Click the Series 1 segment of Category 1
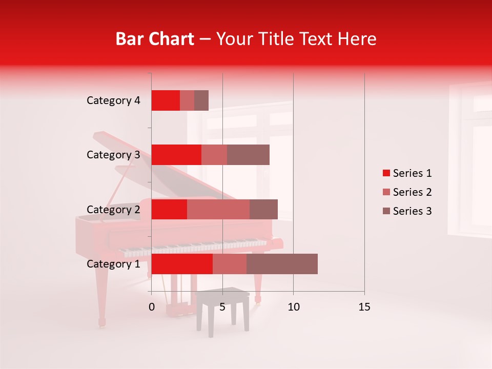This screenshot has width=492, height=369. pos(182,264)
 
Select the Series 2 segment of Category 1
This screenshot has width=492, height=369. pos(230,264)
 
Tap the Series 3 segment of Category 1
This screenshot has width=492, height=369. pos(282,264)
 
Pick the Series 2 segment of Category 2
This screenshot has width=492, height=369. pos(218,209)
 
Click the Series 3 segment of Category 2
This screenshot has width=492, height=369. pos(263,209)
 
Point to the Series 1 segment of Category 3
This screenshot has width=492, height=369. pos(176,155)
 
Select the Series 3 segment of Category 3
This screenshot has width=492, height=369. pos(248,155)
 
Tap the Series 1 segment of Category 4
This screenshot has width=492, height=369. pos(166,100)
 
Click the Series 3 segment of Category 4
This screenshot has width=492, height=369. pos(201,100)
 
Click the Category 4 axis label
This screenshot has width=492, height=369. pos(113,100)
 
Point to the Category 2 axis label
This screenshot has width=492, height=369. pos(113,209)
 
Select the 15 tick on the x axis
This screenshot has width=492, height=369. pos(364,307)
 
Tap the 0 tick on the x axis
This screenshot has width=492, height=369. pos(152,307)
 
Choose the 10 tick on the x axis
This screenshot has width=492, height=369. pos(293,307)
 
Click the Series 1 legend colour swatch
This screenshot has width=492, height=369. pos(386,173)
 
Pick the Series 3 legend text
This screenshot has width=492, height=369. pos(412,211)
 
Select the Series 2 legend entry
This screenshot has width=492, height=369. pos(407,192)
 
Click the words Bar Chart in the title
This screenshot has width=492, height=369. pos(155,39)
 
